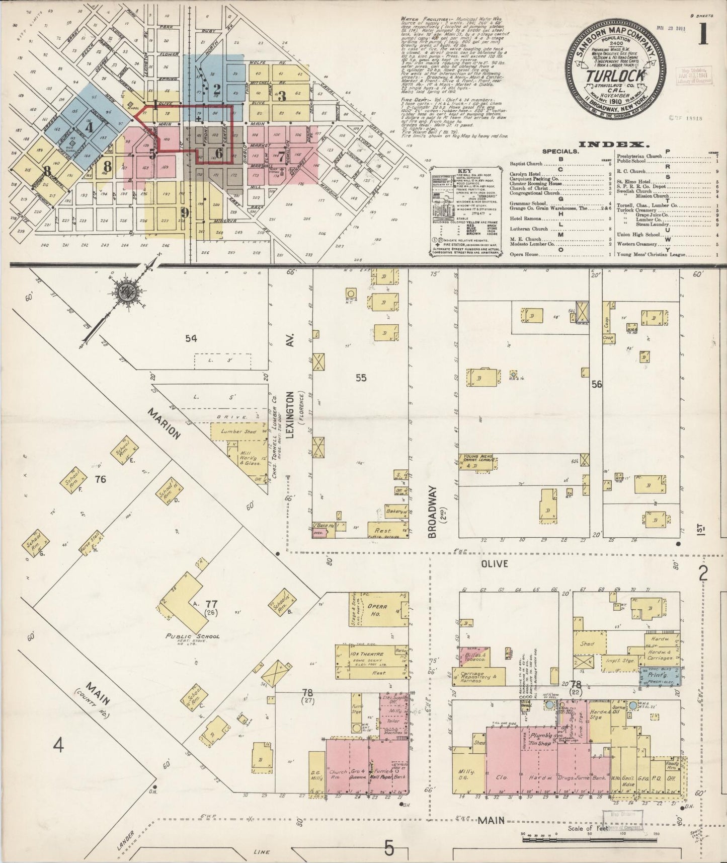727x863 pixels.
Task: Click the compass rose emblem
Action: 123,292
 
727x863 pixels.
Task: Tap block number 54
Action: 191,338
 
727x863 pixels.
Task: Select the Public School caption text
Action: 193,636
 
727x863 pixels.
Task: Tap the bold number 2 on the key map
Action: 217,90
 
